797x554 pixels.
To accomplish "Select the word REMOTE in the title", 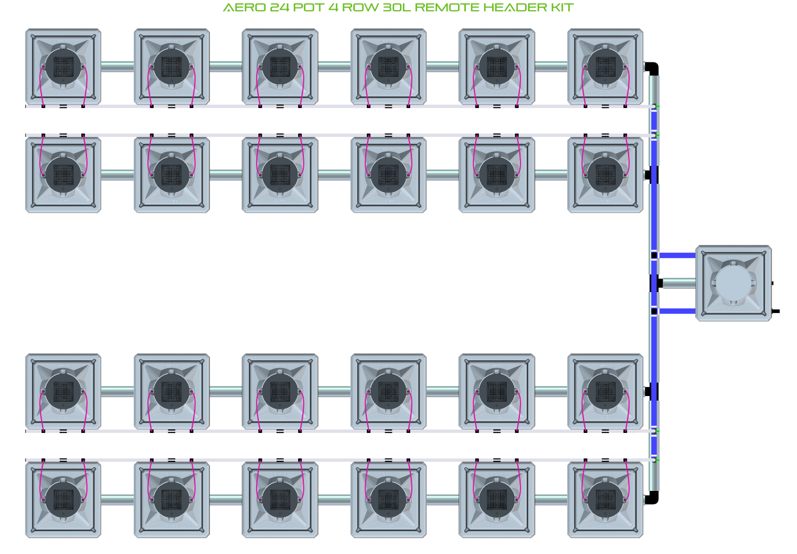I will (447, 8).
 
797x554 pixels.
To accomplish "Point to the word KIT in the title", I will (561, 8).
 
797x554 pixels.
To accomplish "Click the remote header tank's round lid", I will (733, 283).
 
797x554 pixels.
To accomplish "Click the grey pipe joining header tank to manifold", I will (679, 283).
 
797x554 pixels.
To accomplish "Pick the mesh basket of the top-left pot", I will (63, 66).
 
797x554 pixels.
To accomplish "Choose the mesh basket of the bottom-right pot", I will (605, 499).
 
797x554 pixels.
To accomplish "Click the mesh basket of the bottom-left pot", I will (63, 499).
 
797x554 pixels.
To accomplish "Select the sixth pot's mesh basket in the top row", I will (605, 66).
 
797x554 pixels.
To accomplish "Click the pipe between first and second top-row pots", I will (117, 66).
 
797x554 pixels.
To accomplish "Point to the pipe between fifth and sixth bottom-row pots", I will (551, 499).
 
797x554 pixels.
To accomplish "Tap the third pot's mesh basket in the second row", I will (280, 174).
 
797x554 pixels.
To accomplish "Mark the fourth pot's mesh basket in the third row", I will (389, 391).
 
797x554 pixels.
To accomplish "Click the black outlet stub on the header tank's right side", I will (775, 311).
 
